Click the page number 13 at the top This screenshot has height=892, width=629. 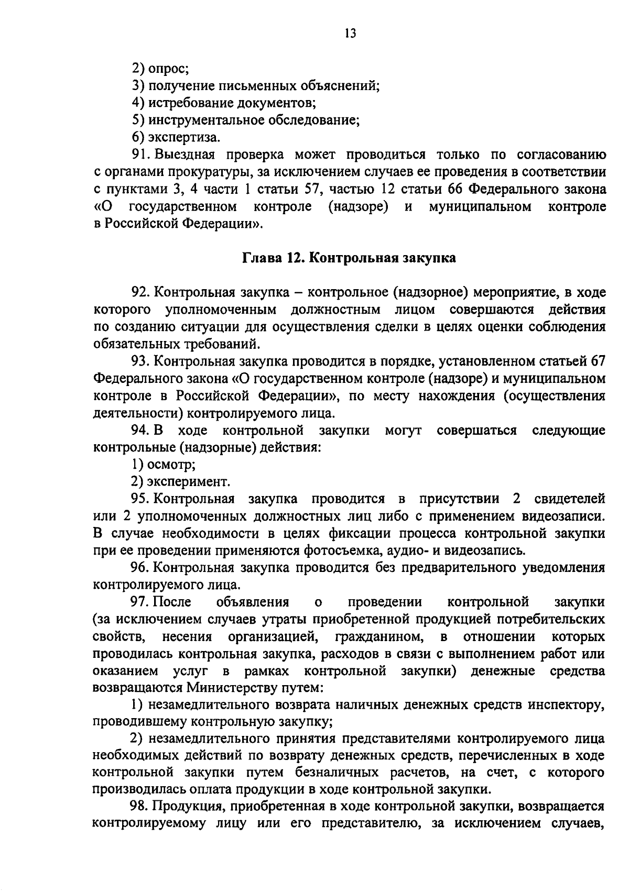(x=351, y=34)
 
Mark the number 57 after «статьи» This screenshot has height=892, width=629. (x=313, y=190)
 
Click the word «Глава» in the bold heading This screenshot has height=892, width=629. (x=261, y=258)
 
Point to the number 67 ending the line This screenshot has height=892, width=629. (x=598, y=361)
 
